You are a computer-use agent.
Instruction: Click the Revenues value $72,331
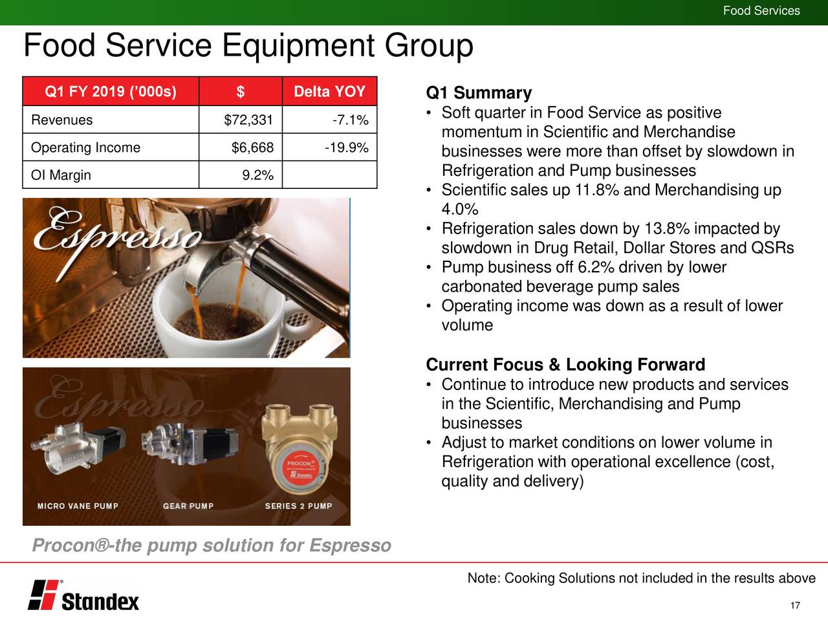(248, 120)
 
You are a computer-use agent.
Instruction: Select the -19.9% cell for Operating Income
(346, 148)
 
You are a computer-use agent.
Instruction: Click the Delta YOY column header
(329, 92)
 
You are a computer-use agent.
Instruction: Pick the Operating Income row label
(85, 148)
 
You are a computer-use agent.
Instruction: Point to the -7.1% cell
(349, 120)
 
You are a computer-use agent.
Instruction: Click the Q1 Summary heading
(479, 93)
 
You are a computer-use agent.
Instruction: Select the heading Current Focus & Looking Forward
(565, 365)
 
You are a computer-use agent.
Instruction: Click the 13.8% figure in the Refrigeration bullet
(663, 229)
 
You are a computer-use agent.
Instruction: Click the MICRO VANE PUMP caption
(78, 506)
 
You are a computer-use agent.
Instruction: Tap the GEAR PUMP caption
(188, 506)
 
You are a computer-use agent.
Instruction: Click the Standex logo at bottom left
(83, 595)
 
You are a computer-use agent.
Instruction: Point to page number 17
(796, 605)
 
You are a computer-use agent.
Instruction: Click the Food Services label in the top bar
(761, 11)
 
